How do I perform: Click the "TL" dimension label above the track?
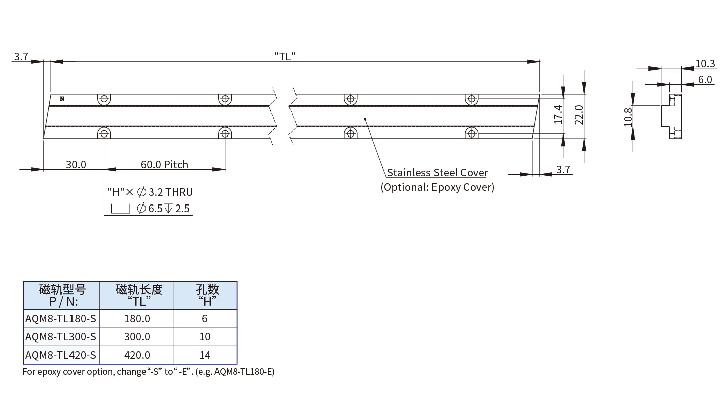point(285,56)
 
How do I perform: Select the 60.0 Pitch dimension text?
point(164,165)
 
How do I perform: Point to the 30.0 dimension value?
point(76,165)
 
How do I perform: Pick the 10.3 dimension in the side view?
point(705,64)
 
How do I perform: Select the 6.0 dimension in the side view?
point(705,80)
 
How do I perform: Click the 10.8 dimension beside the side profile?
point(628,117)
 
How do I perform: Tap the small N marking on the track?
point(62,99)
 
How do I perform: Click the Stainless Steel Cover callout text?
point(437,173)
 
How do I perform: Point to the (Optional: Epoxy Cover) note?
point(437,187)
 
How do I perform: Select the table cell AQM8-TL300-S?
point(60,336)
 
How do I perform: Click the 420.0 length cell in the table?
point(137,355)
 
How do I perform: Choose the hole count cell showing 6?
point(204,319)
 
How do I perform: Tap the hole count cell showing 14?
point(204,355)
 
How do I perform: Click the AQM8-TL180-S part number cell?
point(60,319)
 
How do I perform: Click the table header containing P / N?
point(62,296)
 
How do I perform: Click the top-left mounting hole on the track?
point(104,99)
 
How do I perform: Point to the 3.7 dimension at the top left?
point(21,56)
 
